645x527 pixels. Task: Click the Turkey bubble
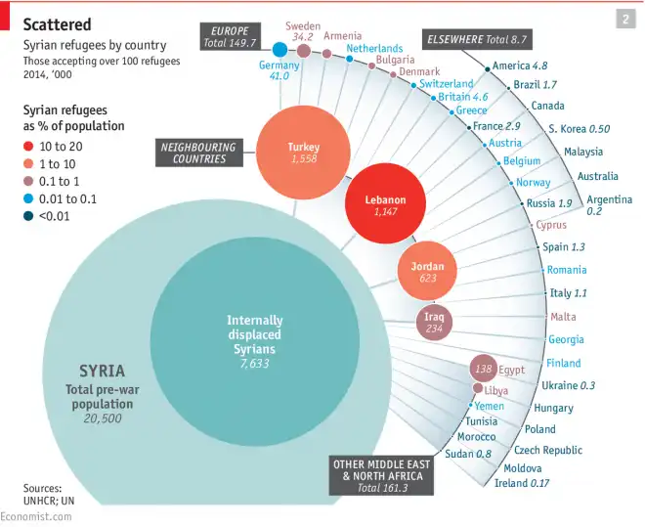click(303, 153)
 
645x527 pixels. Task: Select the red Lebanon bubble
click(385, 204)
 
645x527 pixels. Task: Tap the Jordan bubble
click(427, 272)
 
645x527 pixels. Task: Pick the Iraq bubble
click(434, 323)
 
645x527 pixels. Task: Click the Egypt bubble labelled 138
click(483, 369)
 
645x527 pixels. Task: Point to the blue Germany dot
click(279, 50)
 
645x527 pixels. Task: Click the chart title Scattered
click(58, 23)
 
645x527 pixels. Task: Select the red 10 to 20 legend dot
click(29, 146)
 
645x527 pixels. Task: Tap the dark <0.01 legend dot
click(29, 216)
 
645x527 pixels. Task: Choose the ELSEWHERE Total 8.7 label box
click(477, 39)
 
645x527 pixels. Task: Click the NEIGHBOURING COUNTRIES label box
click(199, 154)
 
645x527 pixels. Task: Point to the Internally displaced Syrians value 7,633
click(254, 364)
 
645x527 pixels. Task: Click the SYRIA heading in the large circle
click(102, 371)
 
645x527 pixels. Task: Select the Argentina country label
click(609, 199)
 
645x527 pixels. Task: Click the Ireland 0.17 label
click(522, 483)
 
